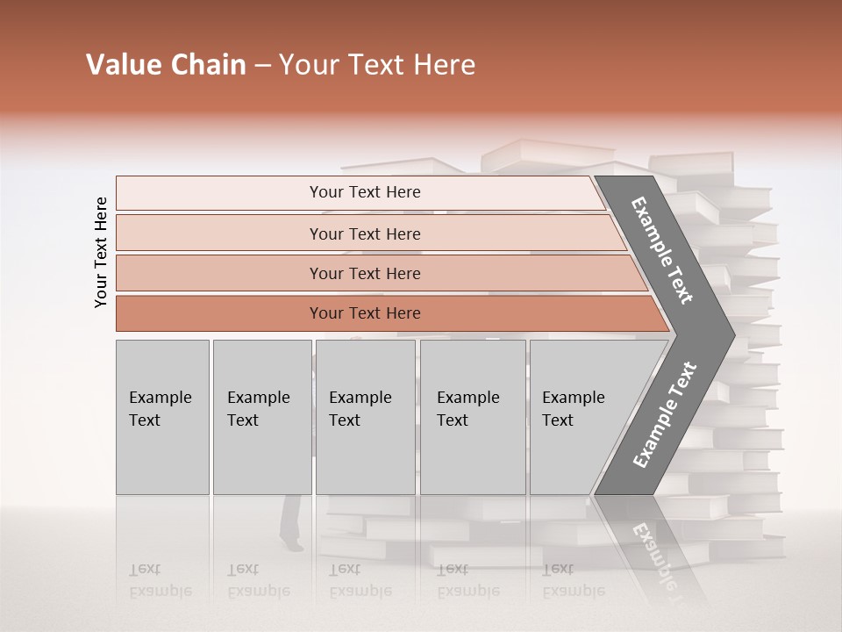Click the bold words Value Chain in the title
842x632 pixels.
166,65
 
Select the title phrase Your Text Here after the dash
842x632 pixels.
377,65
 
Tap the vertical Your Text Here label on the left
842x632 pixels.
101,252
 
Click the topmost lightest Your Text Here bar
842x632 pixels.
365,192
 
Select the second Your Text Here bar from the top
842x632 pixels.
365,233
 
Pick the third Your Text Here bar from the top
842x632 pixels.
365,274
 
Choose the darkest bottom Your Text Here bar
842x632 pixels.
365,313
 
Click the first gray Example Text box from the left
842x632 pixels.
162,417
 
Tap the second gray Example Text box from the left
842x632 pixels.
261,417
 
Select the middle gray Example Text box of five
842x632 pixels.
365,417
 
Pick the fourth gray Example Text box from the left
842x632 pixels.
471,417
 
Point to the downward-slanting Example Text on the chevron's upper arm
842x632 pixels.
662,250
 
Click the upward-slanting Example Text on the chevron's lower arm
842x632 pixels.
665,414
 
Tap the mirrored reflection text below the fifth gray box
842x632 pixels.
572,580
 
